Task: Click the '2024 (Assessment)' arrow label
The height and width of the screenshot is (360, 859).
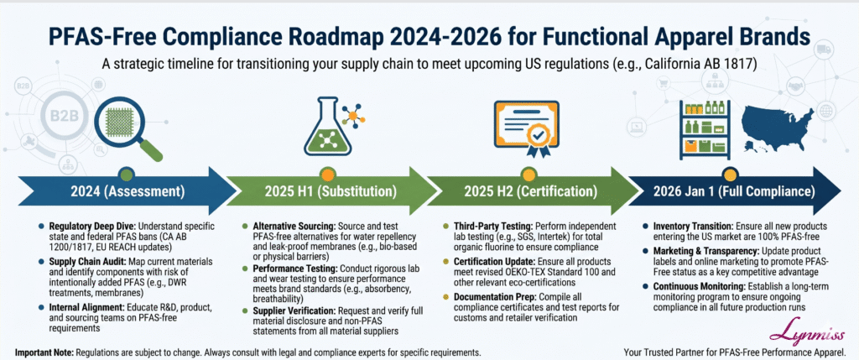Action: (x=128, y=192)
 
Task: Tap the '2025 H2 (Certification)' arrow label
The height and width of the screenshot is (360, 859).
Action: (x=530, y=192)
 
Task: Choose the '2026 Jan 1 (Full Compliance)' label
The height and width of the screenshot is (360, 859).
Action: (x=733, y=192)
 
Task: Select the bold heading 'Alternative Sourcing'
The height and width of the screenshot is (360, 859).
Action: (x=294, y=227)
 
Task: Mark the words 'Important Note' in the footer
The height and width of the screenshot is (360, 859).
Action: (x=42, y=352)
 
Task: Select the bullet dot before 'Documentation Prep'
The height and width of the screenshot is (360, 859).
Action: (x=446, y=297)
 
